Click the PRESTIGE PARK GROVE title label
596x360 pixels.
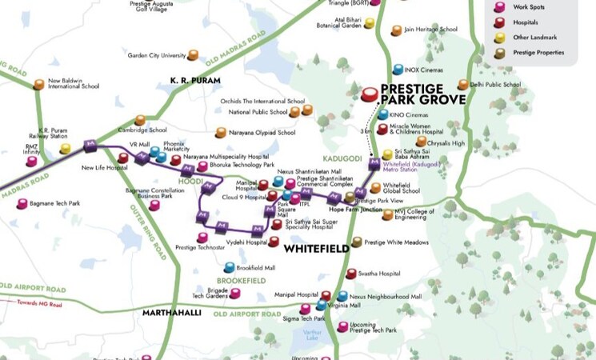click(422, 94)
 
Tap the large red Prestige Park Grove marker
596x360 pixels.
click(369, 94)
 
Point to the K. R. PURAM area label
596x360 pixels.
click(195, 80)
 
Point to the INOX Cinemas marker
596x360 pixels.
click(398, 70)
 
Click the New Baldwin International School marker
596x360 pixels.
click(38, 84)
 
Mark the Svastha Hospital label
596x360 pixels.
click(379, 273)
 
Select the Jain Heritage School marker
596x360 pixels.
click(397, 30)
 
